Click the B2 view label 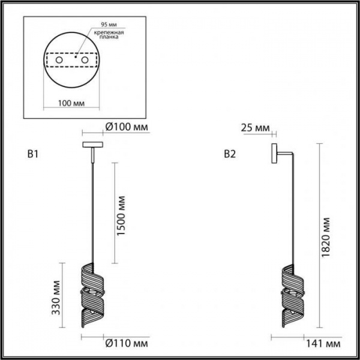229,155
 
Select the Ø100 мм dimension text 127,127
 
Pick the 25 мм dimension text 253,127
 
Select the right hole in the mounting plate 85,61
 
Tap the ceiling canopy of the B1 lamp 92,144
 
